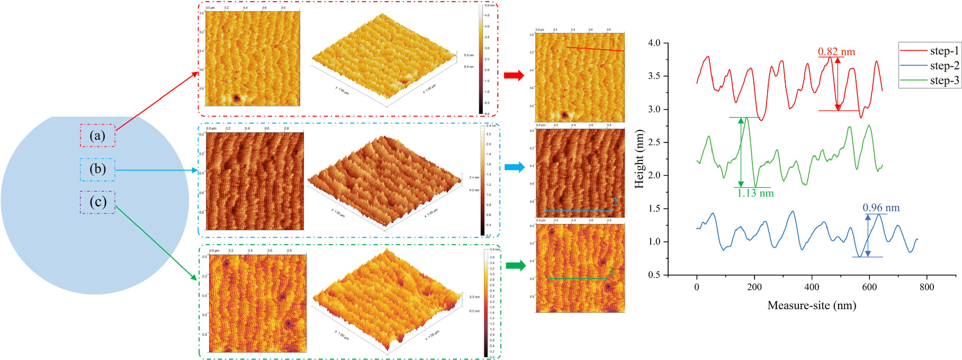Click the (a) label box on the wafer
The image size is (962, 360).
point(97,136)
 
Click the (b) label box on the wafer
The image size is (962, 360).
point(97,169)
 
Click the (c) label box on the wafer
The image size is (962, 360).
point(97,202)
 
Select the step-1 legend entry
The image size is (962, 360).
point(930,51)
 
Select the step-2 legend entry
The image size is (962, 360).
point(930,66)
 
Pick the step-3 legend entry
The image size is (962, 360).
point(930,80)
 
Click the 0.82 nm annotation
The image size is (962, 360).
point(836,52)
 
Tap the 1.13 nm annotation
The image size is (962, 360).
point(756,193)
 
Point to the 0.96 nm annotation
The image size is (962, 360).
point(881,208)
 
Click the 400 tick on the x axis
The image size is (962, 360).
point(812,287)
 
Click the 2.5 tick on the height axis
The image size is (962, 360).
point(654,142)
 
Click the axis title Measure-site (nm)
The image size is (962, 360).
point(812,305)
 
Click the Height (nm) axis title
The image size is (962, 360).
point(640,158)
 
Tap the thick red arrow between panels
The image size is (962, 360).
point(514,76)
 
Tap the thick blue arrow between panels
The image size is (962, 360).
point(514,167)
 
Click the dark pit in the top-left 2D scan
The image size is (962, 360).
point(237,98)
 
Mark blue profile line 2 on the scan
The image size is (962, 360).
point(578,211)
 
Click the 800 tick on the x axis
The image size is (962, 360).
point(927,287)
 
